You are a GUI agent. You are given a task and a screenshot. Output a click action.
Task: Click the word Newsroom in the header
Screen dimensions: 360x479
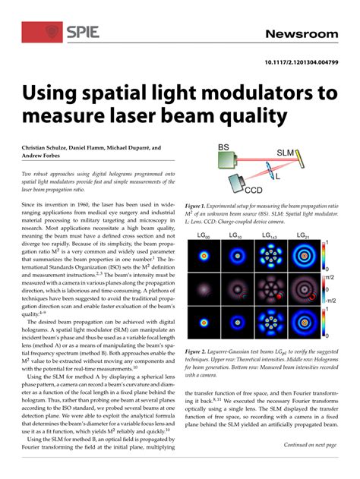(x=302, y=34)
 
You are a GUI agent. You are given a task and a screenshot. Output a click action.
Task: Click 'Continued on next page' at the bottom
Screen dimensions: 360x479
(x=310, y=445)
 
